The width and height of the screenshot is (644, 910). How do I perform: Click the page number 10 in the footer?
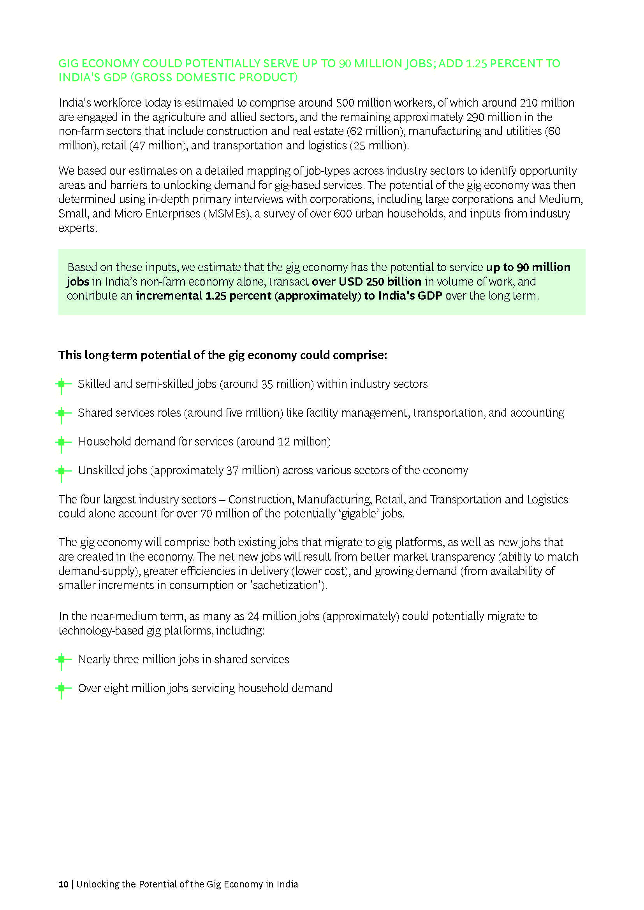coord(63,884)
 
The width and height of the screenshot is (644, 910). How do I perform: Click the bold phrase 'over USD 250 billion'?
coord(366,281)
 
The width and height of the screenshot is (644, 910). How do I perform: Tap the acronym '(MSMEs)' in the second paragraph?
coord(228,214)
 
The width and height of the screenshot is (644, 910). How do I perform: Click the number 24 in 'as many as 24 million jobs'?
coord(253,616)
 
